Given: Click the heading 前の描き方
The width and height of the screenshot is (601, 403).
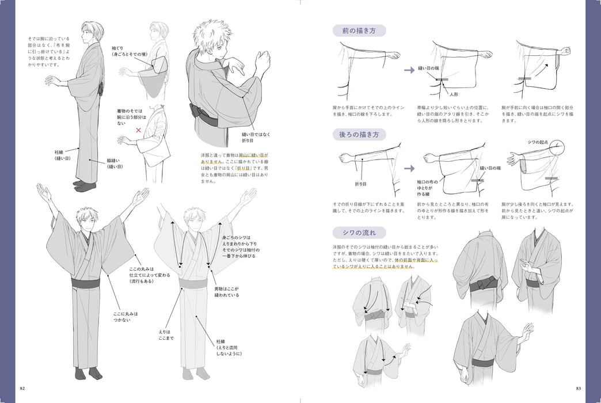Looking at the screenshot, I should click(x=358, y=31).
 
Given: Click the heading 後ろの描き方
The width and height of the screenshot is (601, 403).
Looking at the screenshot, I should click(x=358, y=135).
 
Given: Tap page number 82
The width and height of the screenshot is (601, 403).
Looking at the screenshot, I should click(x=22, y=386).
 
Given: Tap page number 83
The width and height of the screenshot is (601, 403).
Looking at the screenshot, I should click(x=578, y=386).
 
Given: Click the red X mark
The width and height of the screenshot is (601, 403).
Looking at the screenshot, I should click(x=138, y=130).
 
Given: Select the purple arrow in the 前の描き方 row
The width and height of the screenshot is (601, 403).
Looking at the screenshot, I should click(x=409, y=70).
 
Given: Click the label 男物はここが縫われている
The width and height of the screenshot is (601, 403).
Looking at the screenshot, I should click(x=227, y=291).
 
